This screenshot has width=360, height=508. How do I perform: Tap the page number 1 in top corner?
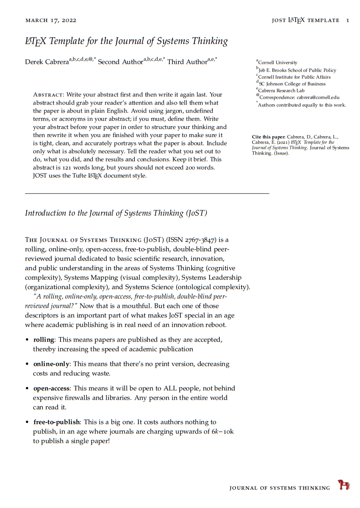348,20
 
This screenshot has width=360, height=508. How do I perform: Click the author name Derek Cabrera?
47,62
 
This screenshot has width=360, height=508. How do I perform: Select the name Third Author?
187,62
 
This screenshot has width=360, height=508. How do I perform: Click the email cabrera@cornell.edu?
318,98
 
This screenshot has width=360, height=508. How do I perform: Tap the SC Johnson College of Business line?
292,84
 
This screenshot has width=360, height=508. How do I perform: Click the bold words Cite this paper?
269,137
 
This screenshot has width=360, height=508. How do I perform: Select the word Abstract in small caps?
48,95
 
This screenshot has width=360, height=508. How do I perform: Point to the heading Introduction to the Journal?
116,213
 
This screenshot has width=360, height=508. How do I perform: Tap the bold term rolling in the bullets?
44,340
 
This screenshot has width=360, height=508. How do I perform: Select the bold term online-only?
51,364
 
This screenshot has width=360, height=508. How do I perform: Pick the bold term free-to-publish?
56,422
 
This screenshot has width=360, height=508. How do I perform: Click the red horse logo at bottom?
343,485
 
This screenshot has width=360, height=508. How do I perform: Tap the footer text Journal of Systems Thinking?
280,488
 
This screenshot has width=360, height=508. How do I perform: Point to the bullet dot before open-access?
27,389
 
